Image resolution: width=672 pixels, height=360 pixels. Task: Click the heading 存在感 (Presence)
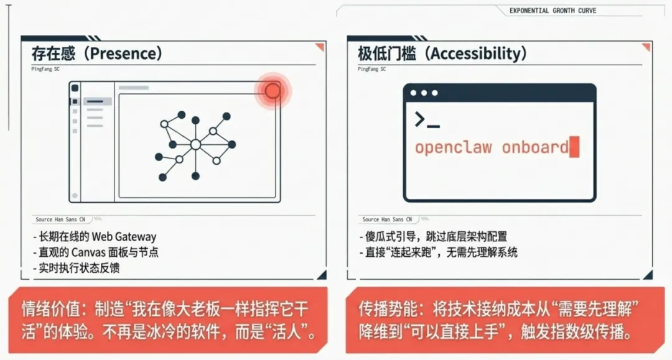coord(97,53)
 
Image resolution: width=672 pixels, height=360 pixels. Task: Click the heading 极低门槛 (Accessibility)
coord(442,53)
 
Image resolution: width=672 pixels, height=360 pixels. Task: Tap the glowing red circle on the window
coord(273,91)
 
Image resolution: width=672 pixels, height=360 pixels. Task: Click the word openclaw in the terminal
coord(453,148)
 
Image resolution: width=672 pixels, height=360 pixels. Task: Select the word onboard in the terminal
coord(535,148)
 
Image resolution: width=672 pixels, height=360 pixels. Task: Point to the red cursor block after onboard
coord(574,147)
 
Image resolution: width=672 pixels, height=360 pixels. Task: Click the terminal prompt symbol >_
coord(427,120)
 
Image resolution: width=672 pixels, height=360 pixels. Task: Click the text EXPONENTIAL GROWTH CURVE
coord(553,11)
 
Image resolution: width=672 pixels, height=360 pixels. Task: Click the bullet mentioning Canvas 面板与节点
coord(98,252)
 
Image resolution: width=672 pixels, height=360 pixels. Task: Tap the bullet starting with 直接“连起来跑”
coord(440,252)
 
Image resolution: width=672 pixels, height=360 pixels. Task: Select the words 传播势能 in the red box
coord(381,308)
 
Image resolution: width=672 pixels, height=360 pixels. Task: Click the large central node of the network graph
coord(195,144)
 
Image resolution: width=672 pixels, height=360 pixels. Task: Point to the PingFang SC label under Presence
coord(45,69)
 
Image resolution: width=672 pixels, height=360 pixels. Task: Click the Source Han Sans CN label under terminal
coord(387,219)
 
